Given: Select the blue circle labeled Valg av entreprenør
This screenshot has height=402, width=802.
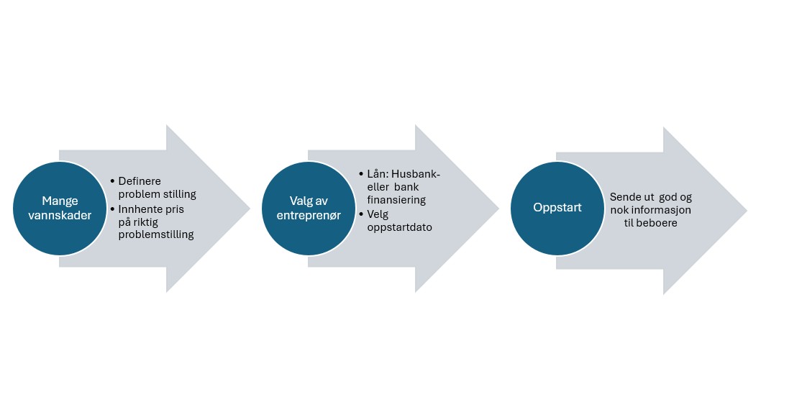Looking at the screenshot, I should pos(307,208).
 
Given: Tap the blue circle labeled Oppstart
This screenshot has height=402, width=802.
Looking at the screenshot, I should pos(557,208).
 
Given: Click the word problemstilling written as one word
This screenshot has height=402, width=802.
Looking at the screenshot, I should pos(156,234).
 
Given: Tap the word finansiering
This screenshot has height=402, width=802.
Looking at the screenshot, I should pos(396,200).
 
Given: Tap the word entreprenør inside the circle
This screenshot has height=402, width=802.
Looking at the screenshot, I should pos(307,215).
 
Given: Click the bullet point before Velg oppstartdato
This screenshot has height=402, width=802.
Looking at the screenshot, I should pos(360,214).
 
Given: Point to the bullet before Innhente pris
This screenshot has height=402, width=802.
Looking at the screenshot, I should pos(113,208).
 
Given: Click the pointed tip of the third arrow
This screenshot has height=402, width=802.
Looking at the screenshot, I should pos(746,210).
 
